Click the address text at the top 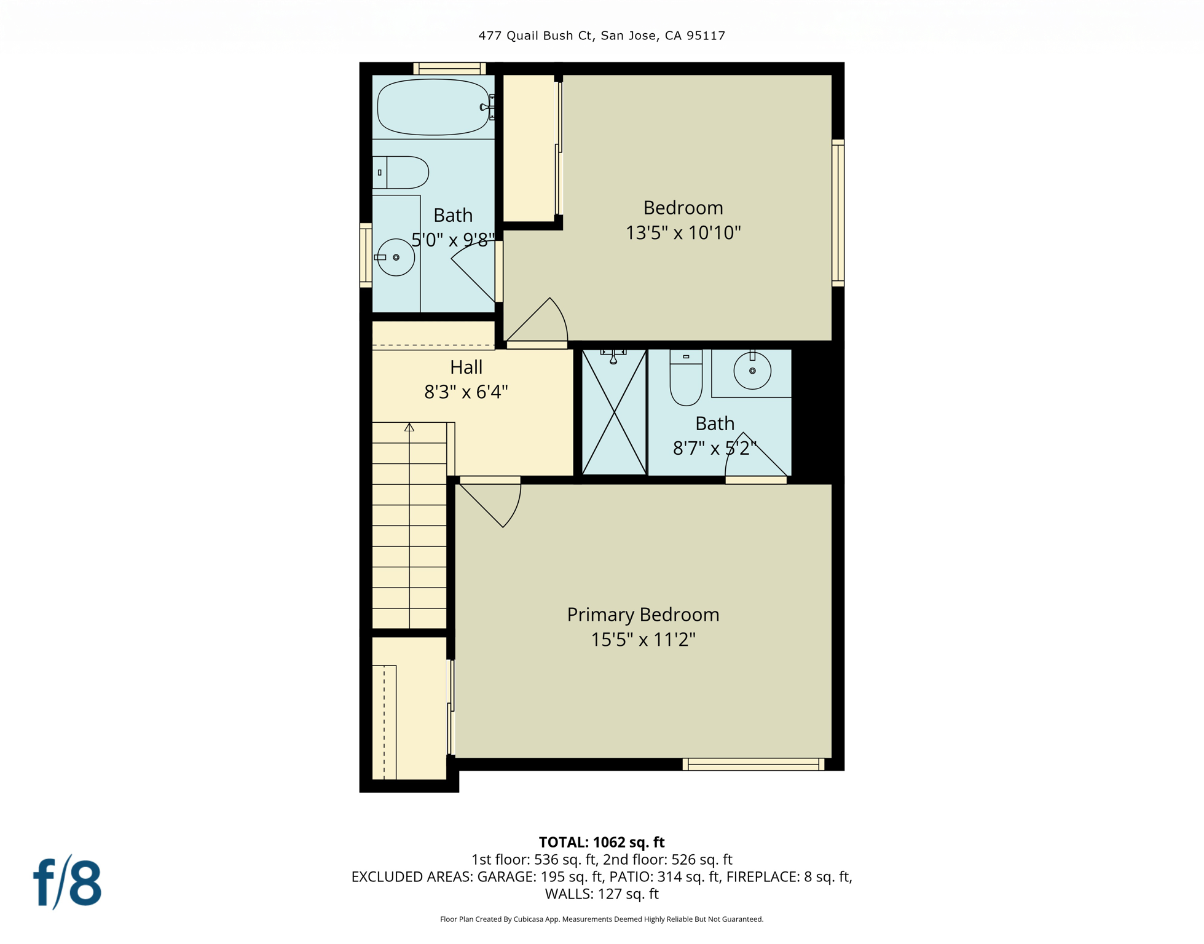tap(602, 36)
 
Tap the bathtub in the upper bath tap(433, 107)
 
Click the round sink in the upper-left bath tap(396, 258)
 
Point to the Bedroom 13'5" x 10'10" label tap(683, 220)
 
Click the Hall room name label tap(466, 368)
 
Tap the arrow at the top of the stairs tap(409, 427)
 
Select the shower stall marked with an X tap(614, 412)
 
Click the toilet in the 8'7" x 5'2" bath tap(686, 377)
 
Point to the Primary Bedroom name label tap(643, 615)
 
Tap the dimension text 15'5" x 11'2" tap(643, 640)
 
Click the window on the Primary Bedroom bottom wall tap(753, 764)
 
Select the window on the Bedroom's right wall tap(838, 213)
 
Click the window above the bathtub tap(449, 68)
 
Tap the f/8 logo tap(67, 883)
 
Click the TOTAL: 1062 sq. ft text tap(602, 842)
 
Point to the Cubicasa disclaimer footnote tap(602, 919)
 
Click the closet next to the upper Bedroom tap(529, 147)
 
